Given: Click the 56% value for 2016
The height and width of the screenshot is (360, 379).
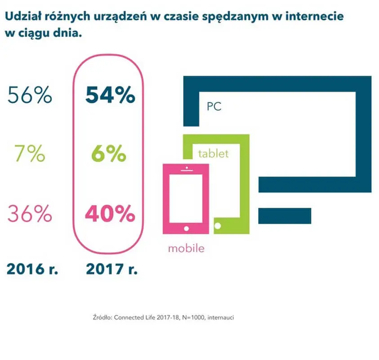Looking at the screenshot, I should click(x=30, y=95).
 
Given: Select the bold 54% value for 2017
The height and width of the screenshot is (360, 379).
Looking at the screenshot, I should click(x=110, y=95).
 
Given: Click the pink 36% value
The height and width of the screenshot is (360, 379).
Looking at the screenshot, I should click(x=30, y=214).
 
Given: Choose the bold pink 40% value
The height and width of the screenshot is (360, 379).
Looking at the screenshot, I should click(x=110, y=214).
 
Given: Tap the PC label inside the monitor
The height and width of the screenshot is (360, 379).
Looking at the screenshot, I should click(x=214, y=107).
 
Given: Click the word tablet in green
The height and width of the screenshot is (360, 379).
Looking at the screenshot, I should click(x=214, y=153).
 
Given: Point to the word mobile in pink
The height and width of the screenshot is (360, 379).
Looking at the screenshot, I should click(x=186, y=248).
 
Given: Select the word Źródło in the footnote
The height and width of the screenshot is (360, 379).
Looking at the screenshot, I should click(x=101, y=317).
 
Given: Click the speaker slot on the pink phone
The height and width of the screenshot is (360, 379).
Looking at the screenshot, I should click(x=185, y=170).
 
